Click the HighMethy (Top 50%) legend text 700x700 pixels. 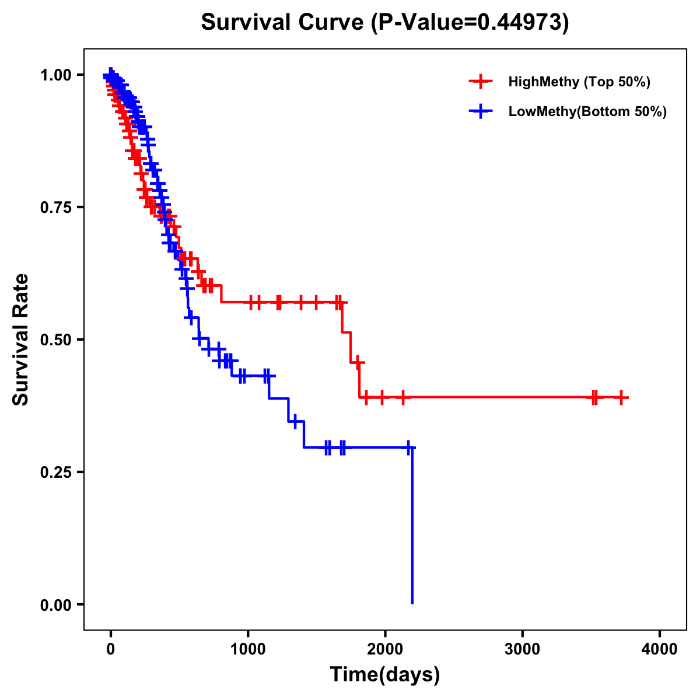(579, 82)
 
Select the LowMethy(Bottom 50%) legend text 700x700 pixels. (587, 111)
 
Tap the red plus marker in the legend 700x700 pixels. (480, 82)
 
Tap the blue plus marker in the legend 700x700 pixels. (480, 111)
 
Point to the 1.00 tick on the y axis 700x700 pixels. (55, 75)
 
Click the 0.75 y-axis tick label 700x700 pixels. (55, 208)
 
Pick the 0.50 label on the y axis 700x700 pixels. (55, 340)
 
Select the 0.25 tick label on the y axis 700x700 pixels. (55, 473)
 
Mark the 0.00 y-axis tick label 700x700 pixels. (55, 605)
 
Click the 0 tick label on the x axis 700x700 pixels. (111, 649)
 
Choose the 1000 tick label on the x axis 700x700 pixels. (248, 649)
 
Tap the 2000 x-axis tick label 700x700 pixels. (385, 649)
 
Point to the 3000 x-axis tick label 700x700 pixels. (523, 649)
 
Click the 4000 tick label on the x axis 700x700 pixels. (660, 649)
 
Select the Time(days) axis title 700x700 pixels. (385, 675)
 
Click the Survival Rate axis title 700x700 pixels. (21, 339)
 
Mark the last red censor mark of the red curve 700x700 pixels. (622, 397)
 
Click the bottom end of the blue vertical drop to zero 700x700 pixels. (412, 603)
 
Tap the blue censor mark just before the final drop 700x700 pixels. (408, 447)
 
